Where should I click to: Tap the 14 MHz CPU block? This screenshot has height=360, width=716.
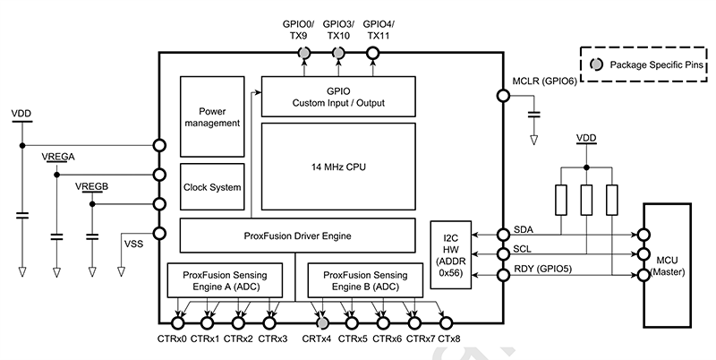(x=338, y=167)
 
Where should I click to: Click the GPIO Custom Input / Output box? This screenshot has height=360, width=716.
(x=338, y=97)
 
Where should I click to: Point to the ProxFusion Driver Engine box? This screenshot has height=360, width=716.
(x=298, y=236)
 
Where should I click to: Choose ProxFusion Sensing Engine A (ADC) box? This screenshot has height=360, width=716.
(x=225, y=279)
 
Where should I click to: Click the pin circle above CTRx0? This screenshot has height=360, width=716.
(x=177, y=322)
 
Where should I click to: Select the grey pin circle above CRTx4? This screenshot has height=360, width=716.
(x=321, y=322)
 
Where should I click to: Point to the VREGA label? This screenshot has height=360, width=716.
(x=58, y=156)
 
